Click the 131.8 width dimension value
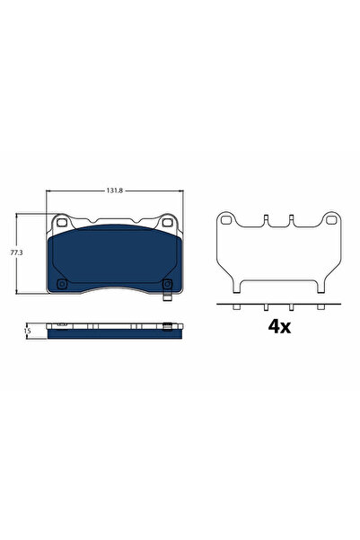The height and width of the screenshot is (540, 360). tap(115, 190)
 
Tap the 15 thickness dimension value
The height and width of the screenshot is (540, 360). tap(28, 330)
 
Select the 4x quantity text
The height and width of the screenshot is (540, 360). tap(279, 326)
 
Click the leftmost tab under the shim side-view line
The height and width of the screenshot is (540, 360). tap(234, 308)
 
